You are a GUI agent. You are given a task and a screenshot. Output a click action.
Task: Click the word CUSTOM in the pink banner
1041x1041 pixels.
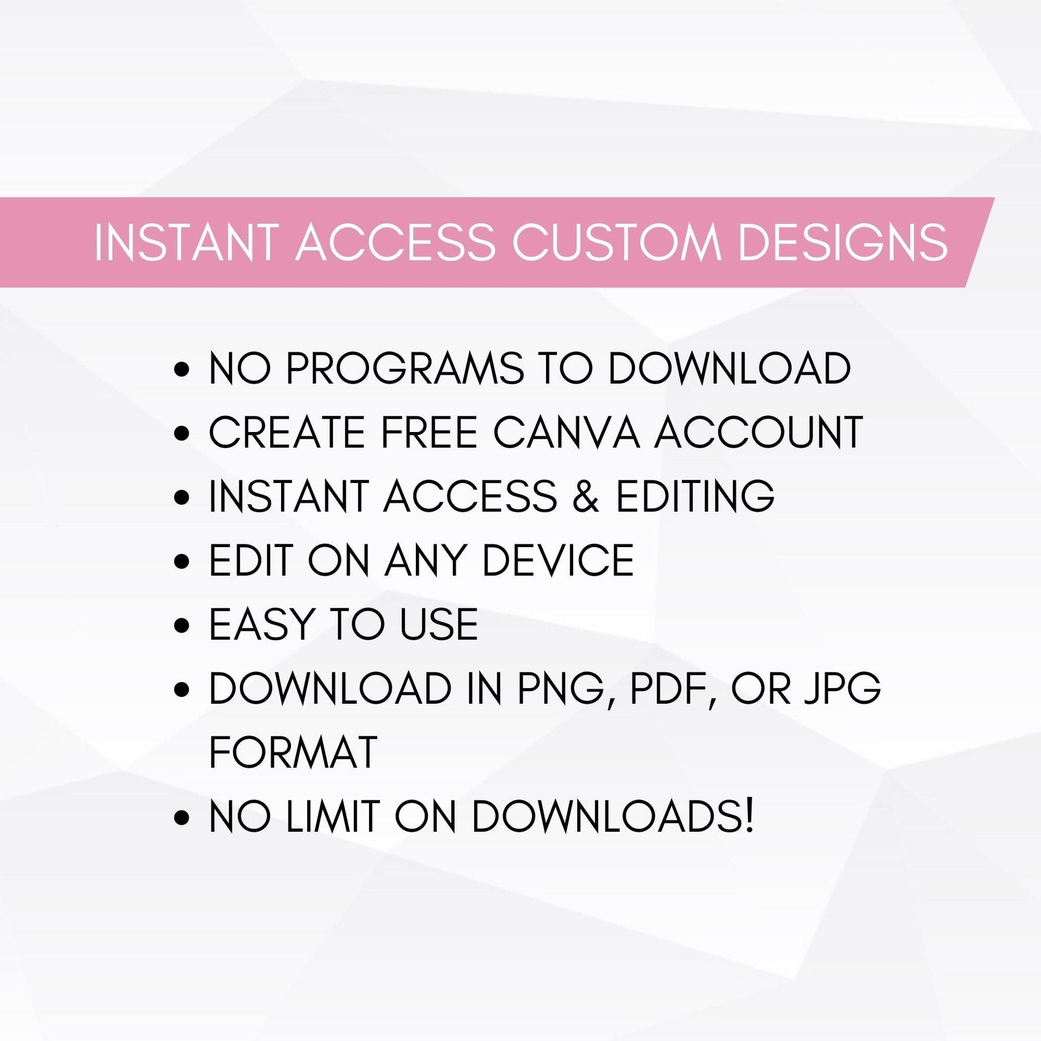617,242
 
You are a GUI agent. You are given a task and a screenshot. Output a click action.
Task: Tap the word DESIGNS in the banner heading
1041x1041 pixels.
843,242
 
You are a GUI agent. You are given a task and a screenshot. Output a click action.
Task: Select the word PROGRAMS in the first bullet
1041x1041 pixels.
405,368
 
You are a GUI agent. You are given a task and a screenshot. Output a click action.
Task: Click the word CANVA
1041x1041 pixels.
567,433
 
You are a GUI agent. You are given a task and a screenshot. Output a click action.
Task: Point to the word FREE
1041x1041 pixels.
429,433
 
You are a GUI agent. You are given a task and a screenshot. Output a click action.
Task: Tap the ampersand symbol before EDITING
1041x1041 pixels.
586,497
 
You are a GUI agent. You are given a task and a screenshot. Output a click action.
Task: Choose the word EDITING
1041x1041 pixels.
695,497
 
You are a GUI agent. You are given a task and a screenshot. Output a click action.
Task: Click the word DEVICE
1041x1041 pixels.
558,560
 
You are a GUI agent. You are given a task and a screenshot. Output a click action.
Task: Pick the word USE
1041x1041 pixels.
440,625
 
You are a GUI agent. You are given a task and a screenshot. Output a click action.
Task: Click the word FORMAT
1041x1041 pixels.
293,753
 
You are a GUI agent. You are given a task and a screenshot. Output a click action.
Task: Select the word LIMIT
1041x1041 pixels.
332,817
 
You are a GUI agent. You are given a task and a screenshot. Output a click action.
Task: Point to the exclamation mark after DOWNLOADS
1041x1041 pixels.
750,816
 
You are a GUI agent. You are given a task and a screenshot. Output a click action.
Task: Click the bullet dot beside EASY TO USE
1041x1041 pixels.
182,626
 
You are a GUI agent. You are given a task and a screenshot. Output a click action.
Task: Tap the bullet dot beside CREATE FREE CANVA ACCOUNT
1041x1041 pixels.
182,434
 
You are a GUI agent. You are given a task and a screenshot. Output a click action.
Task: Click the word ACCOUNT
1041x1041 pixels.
758,433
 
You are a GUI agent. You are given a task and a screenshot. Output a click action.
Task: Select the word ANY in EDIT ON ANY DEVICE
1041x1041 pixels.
425,560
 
